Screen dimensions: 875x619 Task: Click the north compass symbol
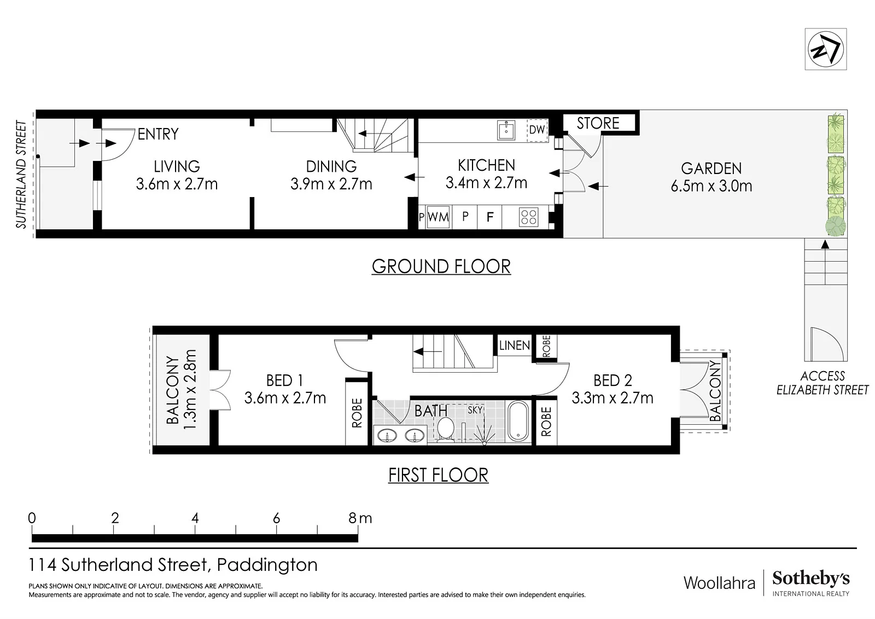coord(825,49)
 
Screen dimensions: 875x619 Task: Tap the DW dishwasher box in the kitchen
coord(537,130)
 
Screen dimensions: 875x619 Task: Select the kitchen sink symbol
coord(506,130)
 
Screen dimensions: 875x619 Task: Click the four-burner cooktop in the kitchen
coord(528,217)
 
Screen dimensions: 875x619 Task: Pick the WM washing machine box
coord(438,217)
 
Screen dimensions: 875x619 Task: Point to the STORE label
coord(598,124)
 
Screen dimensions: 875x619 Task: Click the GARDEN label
coord(711,169)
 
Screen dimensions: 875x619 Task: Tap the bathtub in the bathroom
coord(518,421)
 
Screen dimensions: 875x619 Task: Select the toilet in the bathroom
coord(445,430)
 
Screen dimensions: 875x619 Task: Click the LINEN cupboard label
coord(515,345)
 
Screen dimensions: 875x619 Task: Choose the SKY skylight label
coord(475,410)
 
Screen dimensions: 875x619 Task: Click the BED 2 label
coord(612,380)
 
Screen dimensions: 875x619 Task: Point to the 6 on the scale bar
coord(277,518)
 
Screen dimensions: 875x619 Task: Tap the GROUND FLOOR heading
coord(441,267)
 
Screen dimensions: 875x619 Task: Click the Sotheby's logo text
coord(811,578)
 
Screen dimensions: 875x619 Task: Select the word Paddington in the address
coord(267,565)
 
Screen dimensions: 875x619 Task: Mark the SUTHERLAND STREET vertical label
coord(21,175)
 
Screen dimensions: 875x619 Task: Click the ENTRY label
coord(158,134)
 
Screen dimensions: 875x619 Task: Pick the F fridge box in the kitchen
coord(490,217)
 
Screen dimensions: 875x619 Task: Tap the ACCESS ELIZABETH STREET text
coord(822,383)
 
